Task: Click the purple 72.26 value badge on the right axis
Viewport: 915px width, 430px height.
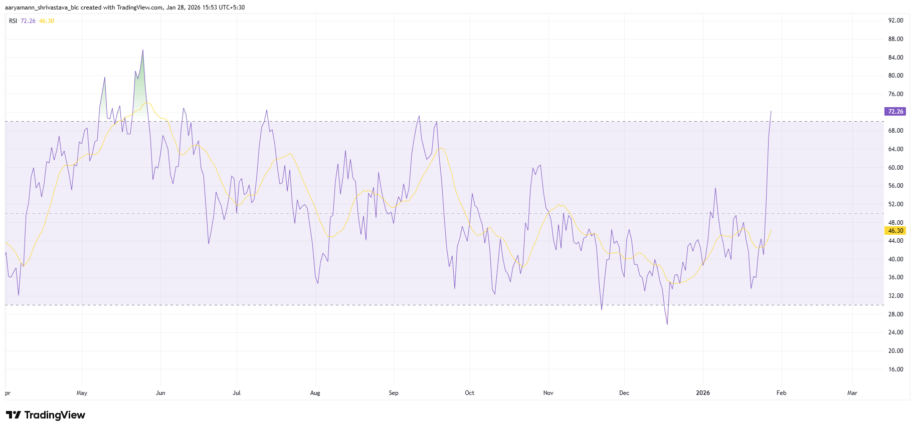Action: (x=895, y=112)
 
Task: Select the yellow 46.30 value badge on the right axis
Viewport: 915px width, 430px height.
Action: (x=895, y=231)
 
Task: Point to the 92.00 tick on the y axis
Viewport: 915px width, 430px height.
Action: (x=895, y=21)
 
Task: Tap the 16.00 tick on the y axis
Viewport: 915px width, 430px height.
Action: (x=895, y=369)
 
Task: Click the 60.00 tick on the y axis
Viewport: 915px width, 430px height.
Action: (x=895, y=168)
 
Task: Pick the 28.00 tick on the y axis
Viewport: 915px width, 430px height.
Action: (x=895, y=314)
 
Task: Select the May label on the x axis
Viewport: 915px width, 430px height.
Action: (x=82, y=393)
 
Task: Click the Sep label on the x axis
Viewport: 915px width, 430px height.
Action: (x=394, y=393)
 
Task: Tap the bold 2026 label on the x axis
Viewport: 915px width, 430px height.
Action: (x=703, y=393)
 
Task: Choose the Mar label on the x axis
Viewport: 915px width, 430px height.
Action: (x=852, y=393)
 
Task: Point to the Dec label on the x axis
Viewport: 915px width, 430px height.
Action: (x=624, y=393)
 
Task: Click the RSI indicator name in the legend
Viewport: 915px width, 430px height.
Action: (x=13, y=21)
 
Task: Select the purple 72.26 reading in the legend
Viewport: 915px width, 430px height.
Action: (x=28, y=21)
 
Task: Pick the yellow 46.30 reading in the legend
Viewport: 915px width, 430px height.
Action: (x=47, y=21)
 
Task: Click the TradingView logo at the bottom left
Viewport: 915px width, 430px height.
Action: (x=46, y=415)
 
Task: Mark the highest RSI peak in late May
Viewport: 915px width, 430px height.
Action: (x=143, y=50)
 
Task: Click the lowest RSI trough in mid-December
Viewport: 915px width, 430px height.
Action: (x=667, y=324)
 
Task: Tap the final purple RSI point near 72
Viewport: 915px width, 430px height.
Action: (x=771, y=111)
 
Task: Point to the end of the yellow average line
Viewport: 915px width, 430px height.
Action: (x=771, y=230)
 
